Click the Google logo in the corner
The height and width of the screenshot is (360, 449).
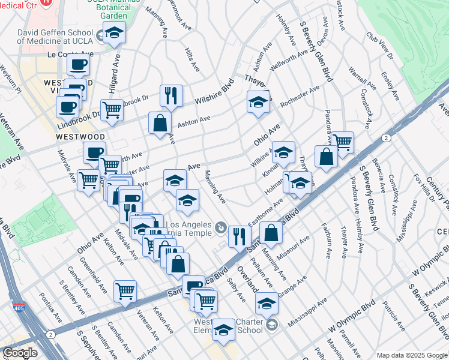pyautogui.click(x=20, y=353)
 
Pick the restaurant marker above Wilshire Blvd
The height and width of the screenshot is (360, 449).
pyautogui.click(x=171, y=95)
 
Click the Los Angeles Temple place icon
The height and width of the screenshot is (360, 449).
pyautogui.click(x=221, y=228)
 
